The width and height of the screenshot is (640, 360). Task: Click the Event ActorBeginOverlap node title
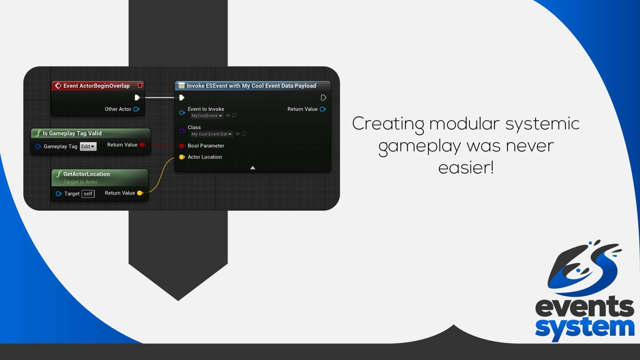[96, 86]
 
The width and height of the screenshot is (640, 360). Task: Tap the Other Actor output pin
[136, 109]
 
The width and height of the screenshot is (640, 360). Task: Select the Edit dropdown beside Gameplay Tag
[88, 146]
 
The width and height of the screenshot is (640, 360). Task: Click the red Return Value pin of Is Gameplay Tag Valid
[142, 145]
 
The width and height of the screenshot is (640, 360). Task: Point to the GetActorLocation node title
[87, 174]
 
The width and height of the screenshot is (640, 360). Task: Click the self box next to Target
[88, 194]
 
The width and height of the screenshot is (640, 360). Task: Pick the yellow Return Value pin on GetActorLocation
[140, 193]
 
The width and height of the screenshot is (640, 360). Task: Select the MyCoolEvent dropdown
[207, 116]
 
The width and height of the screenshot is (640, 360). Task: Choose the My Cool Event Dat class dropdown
[212, 134]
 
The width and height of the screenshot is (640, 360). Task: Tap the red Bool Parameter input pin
[182, 146]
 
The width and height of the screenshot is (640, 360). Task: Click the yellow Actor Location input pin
[182, 157]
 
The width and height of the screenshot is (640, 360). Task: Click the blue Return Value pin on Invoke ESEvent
[323, 109]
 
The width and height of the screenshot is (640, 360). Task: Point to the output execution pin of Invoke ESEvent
[324, 98]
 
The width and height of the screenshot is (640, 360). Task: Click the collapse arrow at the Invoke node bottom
[252, 168]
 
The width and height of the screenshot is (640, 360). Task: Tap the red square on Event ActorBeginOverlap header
[140, 85]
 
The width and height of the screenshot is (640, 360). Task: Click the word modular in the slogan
[464, 123]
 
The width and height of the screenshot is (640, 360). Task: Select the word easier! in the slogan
[466, 167]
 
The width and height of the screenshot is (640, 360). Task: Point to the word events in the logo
[585, 307]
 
